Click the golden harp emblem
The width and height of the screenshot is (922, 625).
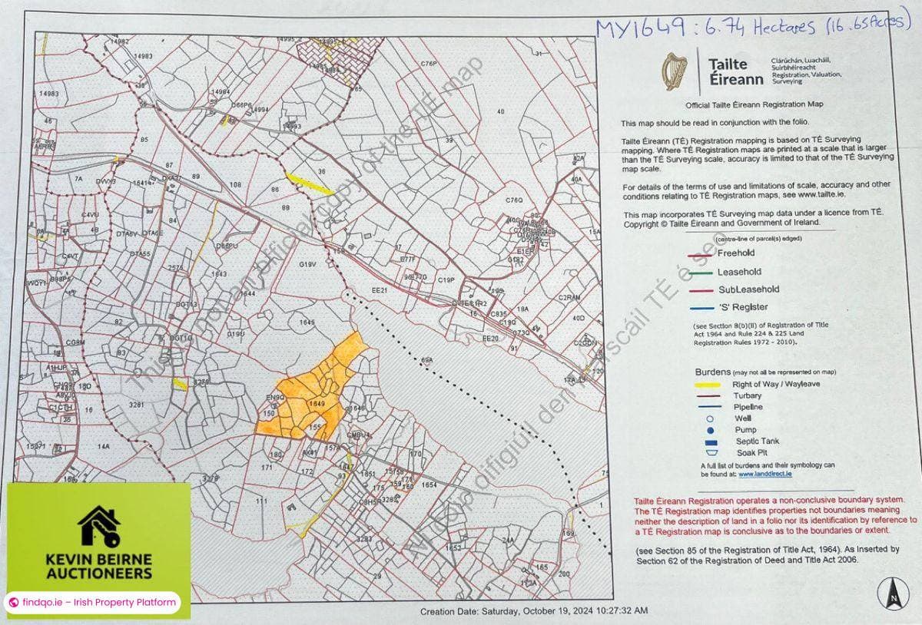pos(676,71)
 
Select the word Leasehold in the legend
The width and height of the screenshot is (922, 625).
pos(739,272)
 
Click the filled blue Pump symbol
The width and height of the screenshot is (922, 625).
pos(711,430)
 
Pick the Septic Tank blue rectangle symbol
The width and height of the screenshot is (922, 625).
pos(711,442)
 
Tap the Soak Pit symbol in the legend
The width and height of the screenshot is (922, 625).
pos(711,453)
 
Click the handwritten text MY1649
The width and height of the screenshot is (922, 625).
pos(641,28)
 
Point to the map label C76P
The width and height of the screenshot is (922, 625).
pos(429,63)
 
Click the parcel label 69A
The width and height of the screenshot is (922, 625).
pos(427,359)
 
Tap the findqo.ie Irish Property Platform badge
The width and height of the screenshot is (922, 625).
pos(92,603)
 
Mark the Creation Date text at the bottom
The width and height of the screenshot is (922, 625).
pos(533,611)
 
